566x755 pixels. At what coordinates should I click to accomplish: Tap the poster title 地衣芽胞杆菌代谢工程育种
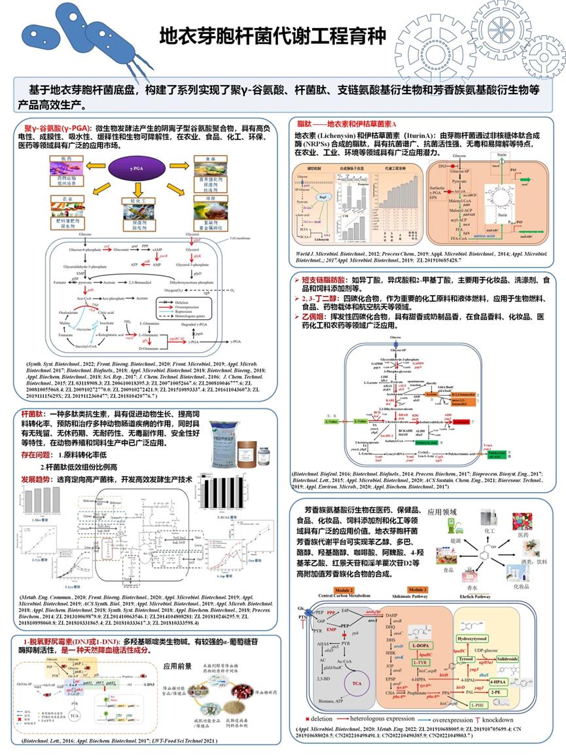pyautogui.click(x=273, y=35)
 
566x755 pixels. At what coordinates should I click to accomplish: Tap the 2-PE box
pyautogui.click(x=495, y=692)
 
